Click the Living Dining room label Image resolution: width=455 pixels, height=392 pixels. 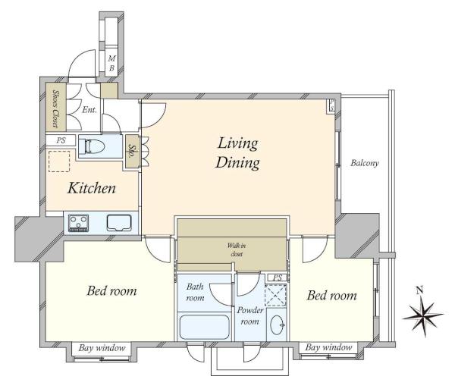[x=237, y=152]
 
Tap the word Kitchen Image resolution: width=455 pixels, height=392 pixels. [x=92, y=188]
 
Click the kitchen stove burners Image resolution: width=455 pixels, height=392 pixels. [x=78, y=223]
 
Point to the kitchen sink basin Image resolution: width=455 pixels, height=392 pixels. [x=119, y=223]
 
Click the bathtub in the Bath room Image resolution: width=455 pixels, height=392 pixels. [x=205, y=327]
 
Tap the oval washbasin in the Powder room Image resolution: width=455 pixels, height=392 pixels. [x=278, y=325]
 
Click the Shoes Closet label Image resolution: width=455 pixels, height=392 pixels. [x=55, y=108]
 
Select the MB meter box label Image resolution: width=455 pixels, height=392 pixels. [x=111, y=63]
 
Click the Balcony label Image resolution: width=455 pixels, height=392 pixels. [x=365, y=163]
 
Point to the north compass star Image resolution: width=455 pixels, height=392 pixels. [x=423, y=317]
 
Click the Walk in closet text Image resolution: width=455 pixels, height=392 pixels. [x=237, y=249]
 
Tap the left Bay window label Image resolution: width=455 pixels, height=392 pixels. [x=102, y=347]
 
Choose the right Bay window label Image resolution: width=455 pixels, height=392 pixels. [x=328, y=347]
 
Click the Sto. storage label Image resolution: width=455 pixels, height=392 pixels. [x=132, y=152]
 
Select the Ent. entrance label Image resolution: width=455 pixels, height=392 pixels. [x=89, y=110]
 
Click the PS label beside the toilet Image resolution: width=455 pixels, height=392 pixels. [x=61, y=141]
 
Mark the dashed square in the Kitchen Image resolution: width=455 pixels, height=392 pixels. [x=59, y=162]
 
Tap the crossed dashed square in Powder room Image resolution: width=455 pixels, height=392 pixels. [x=276, y=296]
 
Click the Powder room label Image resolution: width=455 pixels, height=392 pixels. [x=249, y=315]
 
